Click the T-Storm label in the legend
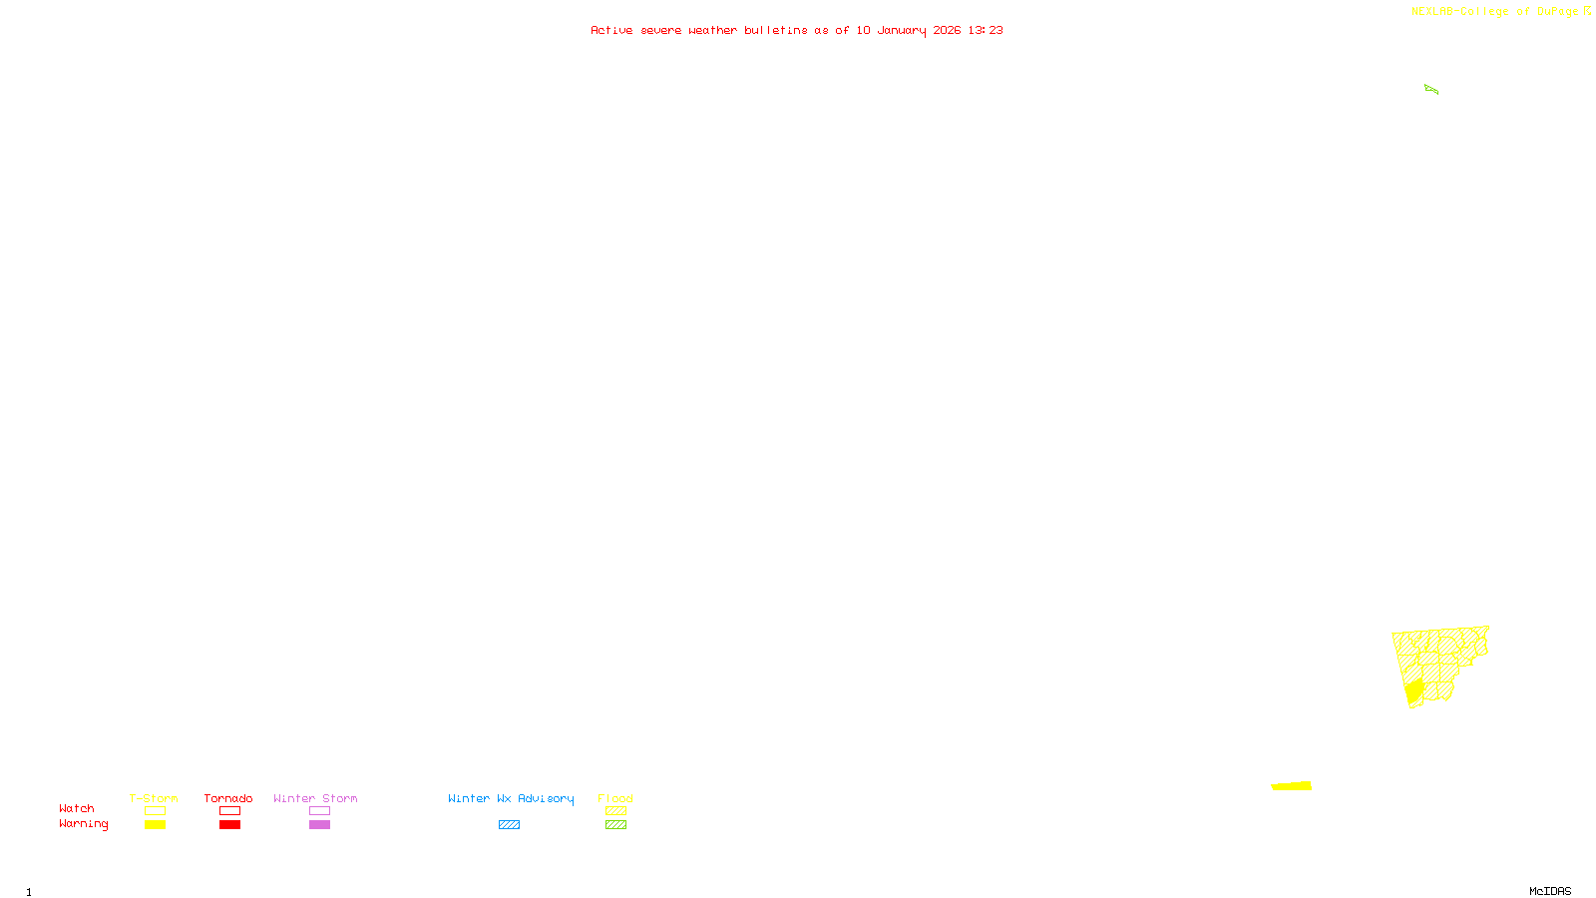coord(154,798)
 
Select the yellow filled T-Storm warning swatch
coord(155,825)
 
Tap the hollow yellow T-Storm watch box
coord(155,811)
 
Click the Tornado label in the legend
coord(228,798)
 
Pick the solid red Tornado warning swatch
coord(229,825)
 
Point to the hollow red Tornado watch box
coord(229,811)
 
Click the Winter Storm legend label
coord(315,798)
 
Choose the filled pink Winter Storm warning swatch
coord(319,825)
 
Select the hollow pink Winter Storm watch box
coord(319,811)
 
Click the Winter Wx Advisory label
coord(511,798)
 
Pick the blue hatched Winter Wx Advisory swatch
coord(509,825)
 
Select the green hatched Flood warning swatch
coord(615,825)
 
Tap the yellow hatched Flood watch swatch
coord(615,811)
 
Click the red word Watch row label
coord(77,809)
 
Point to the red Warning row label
coord(84,824)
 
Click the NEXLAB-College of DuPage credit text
coord(1495,12)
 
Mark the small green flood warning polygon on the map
coord(1430,90)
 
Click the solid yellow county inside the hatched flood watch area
coord(1413,691)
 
